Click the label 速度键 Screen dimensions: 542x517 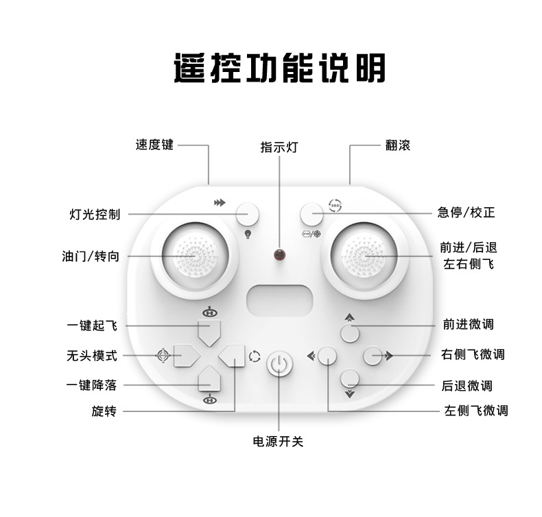coord(154,145)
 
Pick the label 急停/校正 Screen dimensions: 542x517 coord(466,213)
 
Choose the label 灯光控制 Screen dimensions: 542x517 coord(95,214)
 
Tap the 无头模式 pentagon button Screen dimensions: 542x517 coord(185,355)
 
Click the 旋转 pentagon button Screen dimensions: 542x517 coord(233,355)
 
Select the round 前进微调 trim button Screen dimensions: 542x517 coord(350,334)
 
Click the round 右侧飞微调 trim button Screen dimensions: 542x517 coord(373,355)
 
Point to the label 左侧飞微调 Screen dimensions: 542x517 coord(475,411)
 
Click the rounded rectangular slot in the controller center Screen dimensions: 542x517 coord(279,300)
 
